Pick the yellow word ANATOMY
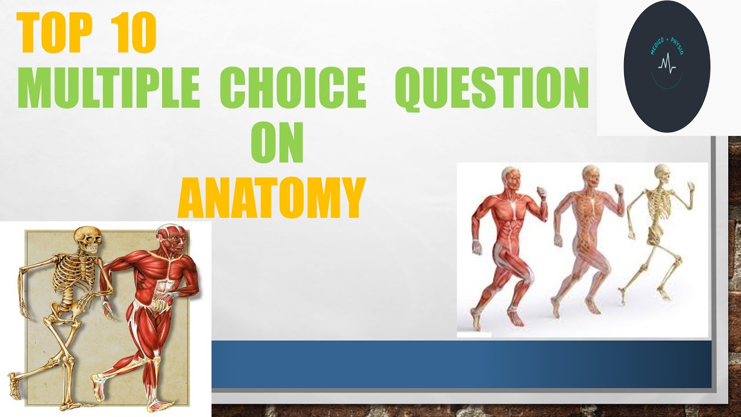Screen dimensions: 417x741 (271, 197)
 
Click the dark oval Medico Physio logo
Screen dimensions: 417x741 (666, 67)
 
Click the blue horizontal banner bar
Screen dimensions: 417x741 (461, 364)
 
